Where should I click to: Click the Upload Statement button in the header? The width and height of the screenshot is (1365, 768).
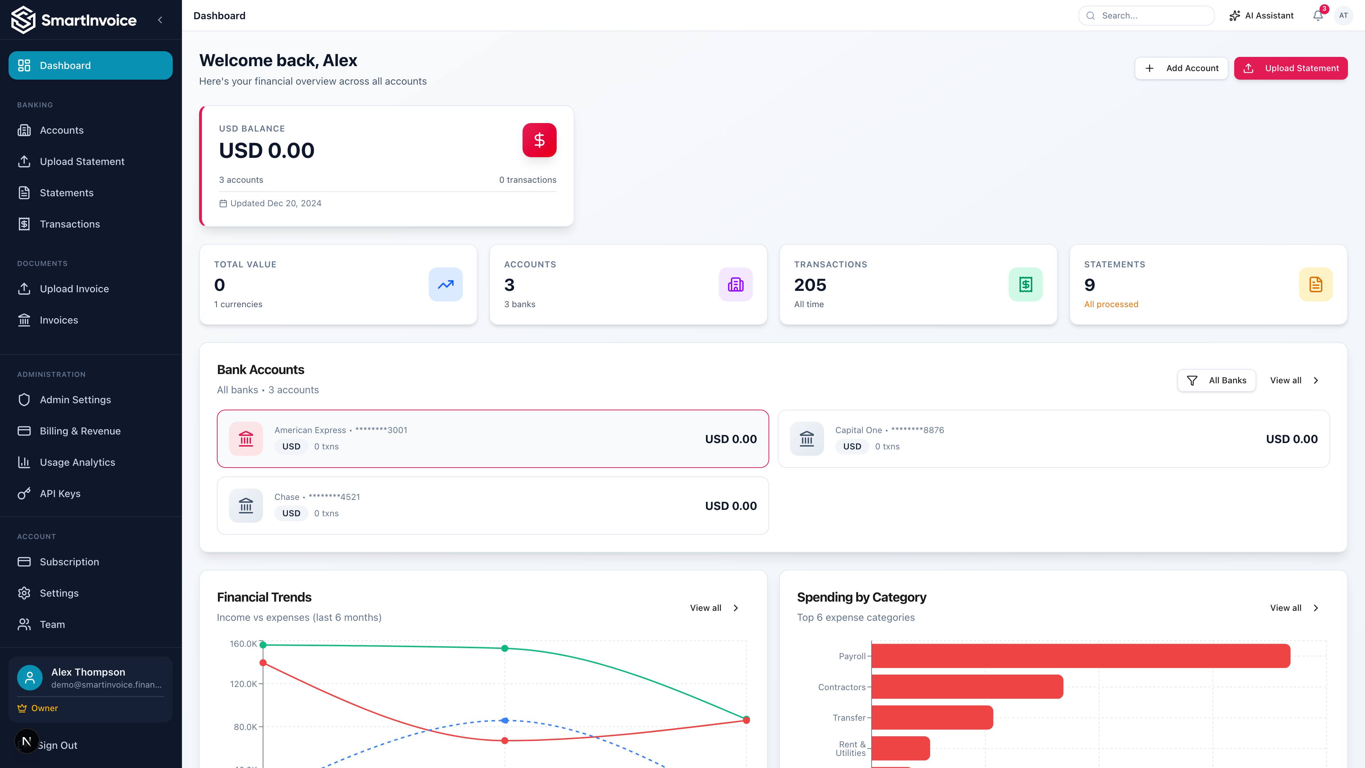tap(1290, 68)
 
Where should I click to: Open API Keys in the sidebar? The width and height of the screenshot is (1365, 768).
tap(60, 494)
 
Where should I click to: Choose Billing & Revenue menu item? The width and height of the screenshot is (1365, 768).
tap(80, 431)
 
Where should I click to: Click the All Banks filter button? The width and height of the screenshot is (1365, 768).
tap(1217, 380)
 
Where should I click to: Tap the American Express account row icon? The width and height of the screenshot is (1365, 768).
tap(246, 439)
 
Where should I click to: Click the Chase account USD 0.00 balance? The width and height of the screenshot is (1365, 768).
tap(731, 506)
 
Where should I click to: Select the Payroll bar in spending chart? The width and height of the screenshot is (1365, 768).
tap(1081, 656)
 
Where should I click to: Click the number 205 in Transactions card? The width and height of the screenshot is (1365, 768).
tap(810, 285)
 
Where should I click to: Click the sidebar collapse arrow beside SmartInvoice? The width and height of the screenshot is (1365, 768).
tap(160, 20)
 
